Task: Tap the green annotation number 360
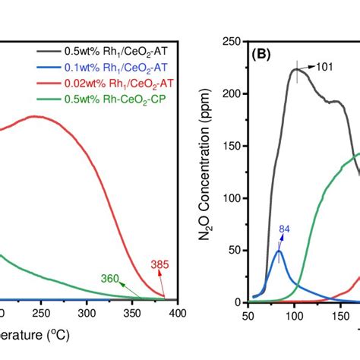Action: point(111,279)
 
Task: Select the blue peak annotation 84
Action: point(284,229)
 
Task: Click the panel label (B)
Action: point(263,55)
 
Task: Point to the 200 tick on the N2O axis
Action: point(232,93)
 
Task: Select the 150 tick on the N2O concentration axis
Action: point(232,146)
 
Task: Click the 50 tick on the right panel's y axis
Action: point(235,250)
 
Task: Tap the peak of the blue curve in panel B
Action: point(279,251)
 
